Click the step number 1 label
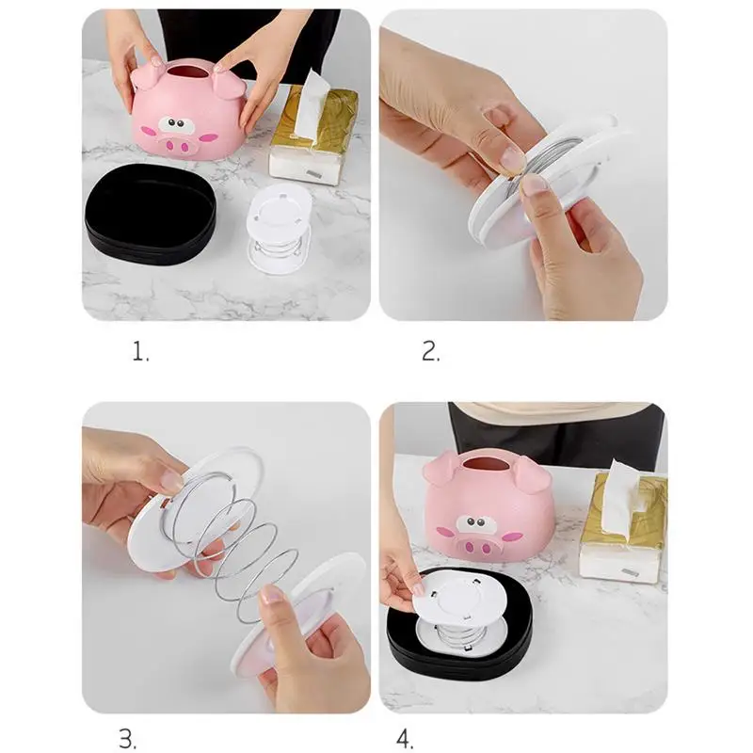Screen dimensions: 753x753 (x=140, y=351)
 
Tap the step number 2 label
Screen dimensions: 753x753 (x=431, y=351)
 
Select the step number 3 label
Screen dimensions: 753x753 (x=128, y=739)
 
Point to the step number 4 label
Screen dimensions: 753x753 (x=405, y=739)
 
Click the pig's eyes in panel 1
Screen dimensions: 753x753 (x=176, y=124)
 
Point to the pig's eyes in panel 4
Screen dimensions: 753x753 (x=475, y=523)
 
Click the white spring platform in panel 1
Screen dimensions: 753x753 (x=280, y=227)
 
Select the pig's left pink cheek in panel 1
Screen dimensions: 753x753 (x=148, y=131)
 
